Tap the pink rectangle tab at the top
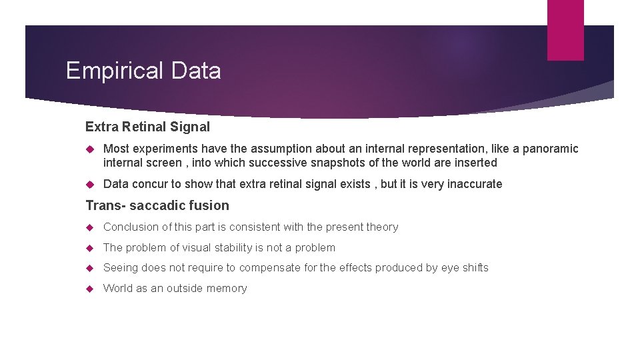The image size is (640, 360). pos(565,29)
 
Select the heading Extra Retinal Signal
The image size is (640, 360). pos(147,127)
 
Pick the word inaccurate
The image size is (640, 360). pos(475,184)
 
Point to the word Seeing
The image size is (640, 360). pos(121,268)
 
